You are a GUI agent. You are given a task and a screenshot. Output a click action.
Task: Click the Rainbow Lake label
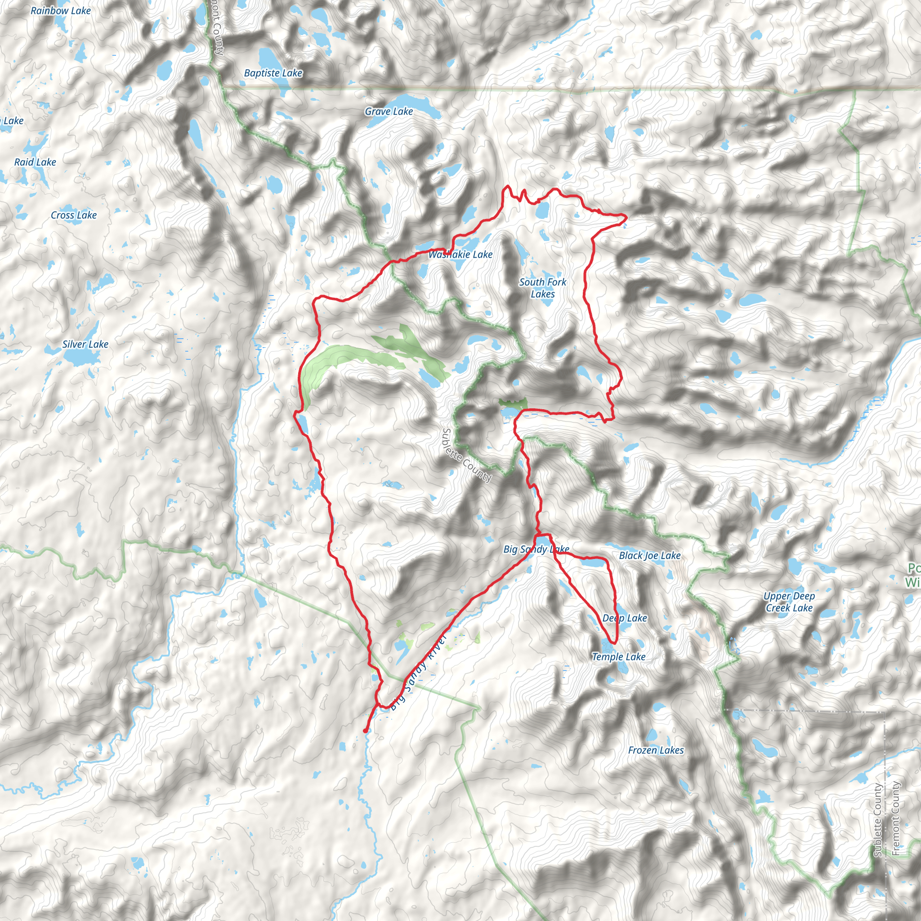point(61,10)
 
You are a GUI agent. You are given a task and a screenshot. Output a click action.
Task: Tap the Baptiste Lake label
point(273,73)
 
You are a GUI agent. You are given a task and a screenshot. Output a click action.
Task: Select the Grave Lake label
point(389,111)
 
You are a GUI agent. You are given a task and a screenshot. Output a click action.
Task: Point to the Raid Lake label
point(35,162)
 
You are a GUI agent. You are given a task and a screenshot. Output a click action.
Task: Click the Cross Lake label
point(73,215)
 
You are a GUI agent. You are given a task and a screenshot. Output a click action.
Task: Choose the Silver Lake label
point(85,344)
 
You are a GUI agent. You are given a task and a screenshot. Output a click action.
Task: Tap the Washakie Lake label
point(460,255)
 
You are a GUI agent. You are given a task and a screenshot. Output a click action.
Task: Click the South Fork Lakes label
point(542,288)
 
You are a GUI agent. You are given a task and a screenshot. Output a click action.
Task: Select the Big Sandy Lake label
point(537,549)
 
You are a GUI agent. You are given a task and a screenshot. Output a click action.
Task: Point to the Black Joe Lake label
point(649,555)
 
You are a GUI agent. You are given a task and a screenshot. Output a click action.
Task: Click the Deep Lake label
point(625,618)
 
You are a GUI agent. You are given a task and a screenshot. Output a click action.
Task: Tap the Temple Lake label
point(618,657)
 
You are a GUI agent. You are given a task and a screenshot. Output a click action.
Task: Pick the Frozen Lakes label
point(656,750)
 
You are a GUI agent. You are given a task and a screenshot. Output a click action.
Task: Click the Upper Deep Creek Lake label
point(789,602)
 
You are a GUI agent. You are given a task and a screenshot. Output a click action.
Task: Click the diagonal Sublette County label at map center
point(466,455)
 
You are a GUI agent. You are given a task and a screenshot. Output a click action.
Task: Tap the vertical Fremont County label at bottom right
point(896,818)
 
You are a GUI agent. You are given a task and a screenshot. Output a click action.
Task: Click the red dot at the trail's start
point(365,730)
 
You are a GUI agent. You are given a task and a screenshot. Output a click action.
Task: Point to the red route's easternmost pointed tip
point(626,217)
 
